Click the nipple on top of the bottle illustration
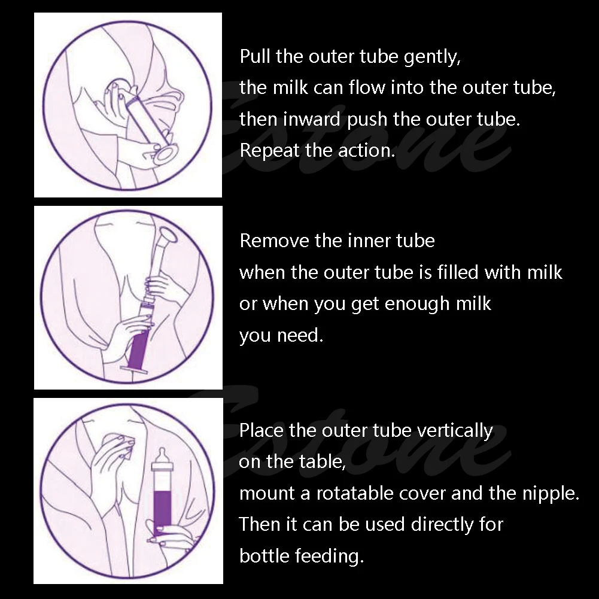(x=160, y=457)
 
